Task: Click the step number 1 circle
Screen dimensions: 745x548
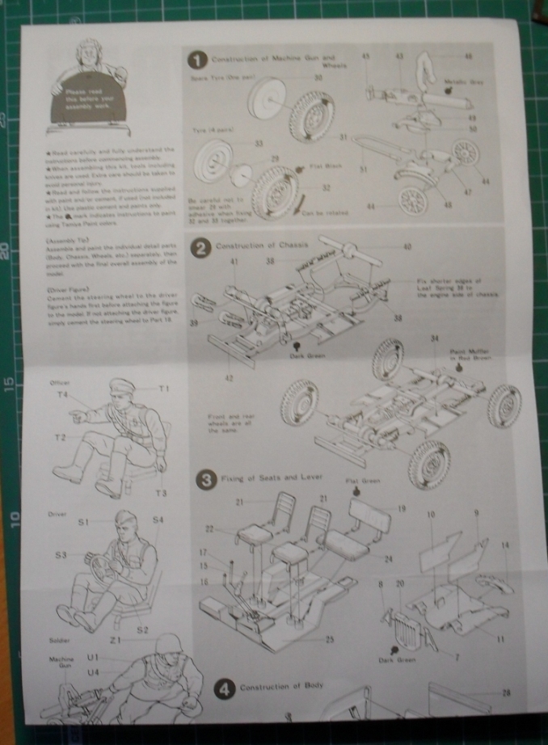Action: pos(196,61)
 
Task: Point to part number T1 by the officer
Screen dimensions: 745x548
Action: pos(165,389)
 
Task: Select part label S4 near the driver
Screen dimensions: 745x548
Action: pos(158,520)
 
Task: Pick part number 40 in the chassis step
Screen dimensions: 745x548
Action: pos(407,246)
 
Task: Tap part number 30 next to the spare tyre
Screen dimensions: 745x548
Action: pos(318,77)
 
